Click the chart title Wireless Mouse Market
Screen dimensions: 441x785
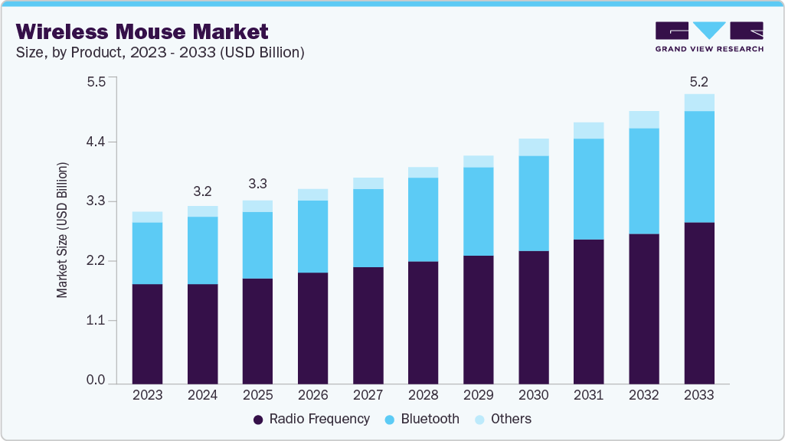click(142, 31)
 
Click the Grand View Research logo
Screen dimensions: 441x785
click(709, 36)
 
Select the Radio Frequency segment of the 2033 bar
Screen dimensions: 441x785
click(699, 302)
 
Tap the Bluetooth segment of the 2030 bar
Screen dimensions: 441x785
click(533, 203)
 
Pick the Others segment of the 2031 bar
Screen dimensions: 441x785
click(589, 130)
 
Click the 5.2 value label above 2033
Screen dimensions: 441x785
click(699, 80)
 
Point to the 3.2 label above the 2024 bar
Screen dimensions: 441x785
click(203, 191)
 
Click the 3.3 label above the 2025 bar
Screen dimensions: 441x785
click(258, 185)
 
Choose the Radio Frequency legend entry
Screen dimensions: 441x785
click(311, 419)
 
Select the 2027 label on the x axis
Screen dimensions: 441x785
click(368, 395)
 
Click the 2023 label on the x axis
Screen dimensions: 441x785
click(147, 395)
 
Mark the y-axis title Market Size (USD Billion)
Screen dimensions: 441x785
click(62, 230)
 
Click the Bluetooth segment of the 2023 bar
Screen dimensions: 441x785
click(147, 253)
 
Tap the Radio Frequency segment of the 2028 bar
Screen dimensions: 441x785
click(423, 322)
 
